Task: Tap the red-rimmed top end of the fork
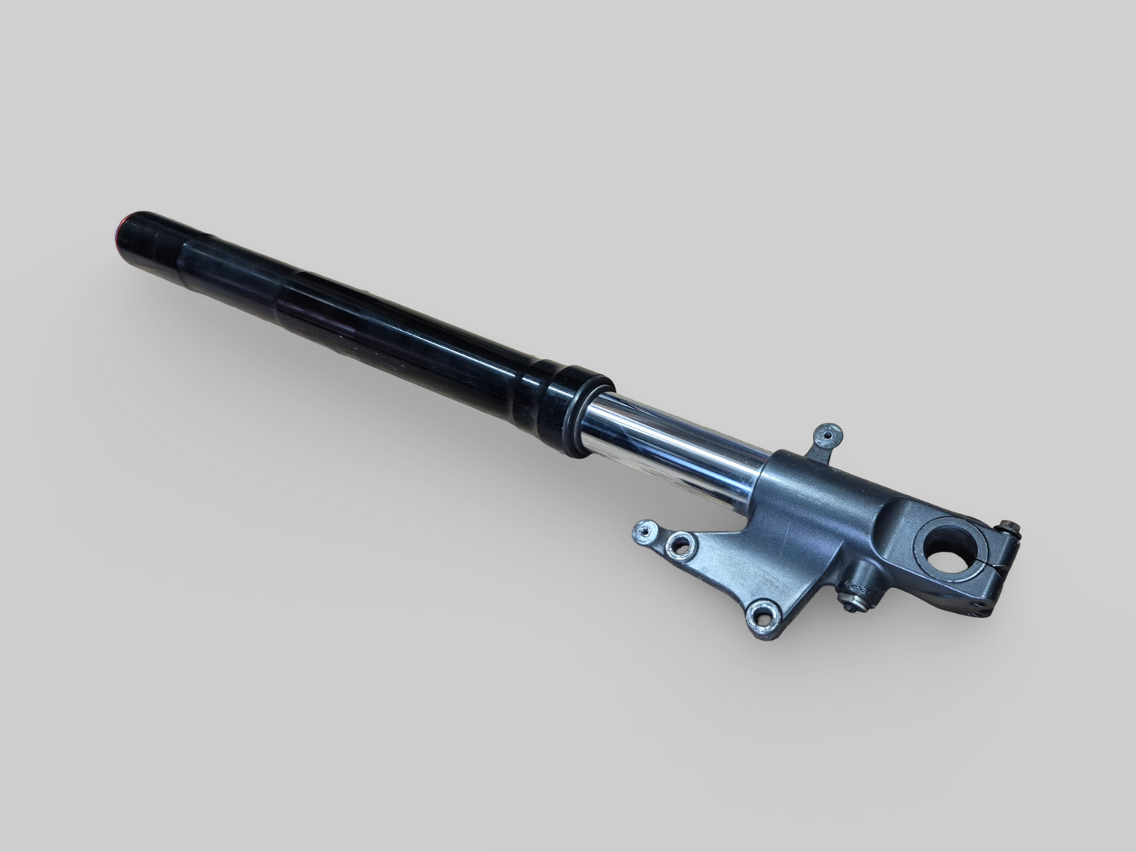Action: [121, 228]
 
